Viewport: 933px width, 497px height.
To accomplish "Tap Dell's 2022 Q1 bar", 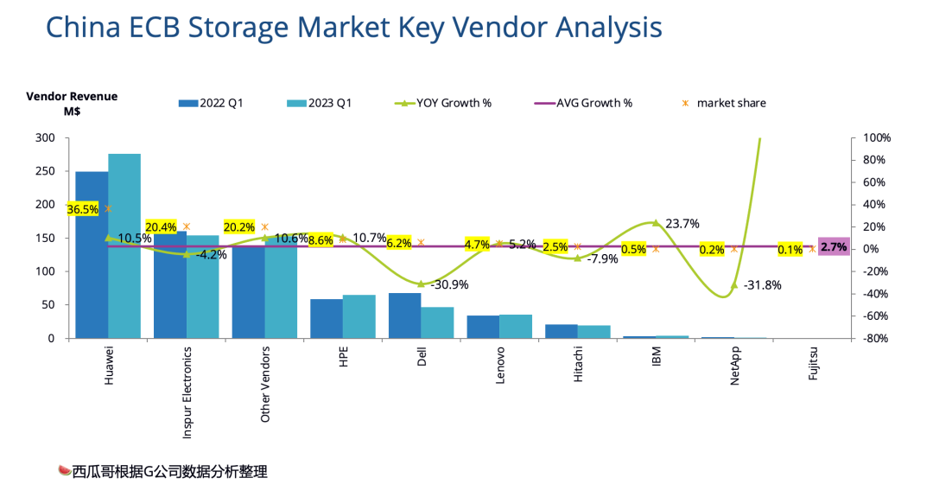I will tap(404, 315).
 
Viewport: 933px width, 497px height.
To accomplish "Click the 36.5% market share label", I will tap(84, 209).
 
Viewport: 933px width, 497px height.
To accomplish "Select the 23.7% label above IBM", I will tap(682, 223).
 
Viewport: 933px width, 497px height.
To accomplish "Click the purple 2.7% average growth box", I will tap(834, 246).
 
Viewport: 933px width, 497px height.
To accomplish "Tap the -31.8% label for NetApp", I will tap(761, 285).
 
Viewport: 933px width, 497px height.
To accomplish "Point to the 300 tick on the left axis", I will tap(45, 138).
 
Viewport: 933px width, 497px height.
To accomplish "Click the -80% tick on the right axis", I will tap(877, 339).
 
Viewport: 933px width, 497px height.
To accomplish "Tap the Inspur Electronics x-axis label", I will tap(187, 385).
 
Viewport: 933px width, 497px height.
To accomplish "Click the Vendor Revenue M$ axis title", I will tap(72, 104).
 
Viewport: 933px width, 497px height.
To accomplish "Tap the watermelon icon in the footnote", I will tap(63, 471).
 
